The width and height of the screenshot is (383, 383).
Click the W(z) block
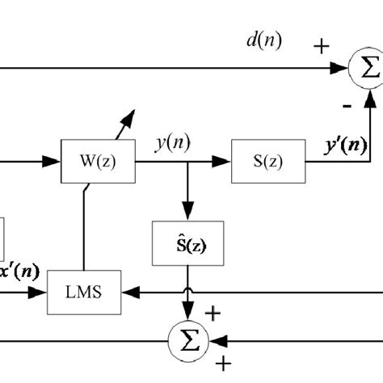pyautogui.click(x=98, y=162)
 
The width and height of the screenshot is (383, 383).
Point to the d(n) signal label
pyautogui.click(x=263, y=41)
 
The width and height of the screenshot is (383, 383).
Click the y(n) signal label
pyautogui.click(x=172, y=144)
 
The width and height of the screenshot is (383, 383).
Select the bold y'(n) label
pyautogui.click(x=343, y=145)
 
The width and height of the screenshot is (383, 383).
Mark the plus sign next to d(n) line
pyautogui.click(x=322, y=47)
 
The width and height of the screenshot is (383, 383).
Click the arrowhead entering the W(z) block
pyautogui.click(x=56, y=162)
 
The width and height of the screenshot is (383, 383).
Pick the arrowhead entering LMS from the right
pyautogui.click(x=133, y=288)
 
